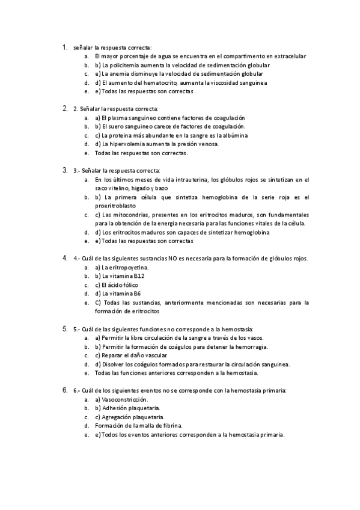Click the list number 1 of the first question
(x=64, y=46)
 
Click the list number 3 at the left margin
(x=64, y=170)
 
